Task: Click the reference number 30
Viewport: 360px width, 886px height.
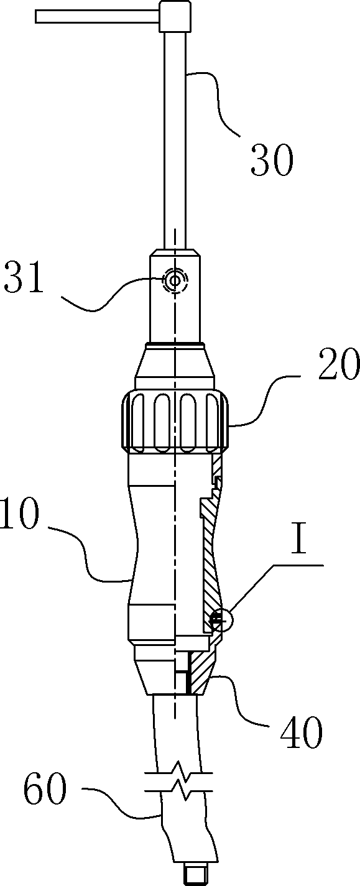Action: pos(272,160)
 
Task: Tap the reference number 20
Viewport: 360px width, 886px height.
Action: pos(339,365)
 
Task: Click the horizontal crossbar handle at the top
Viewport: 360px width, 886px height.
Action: pos(98,17)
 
